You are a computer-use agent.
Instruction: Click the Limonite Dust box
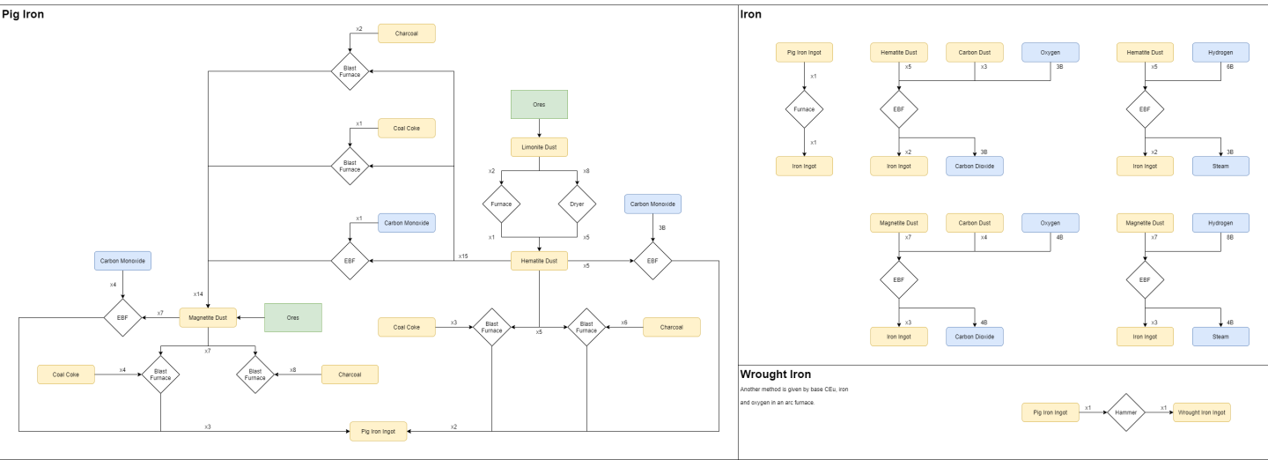539,147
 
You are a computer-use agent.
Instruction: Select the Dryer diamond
577,204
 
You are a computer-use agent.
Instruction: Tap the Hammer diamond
1125,412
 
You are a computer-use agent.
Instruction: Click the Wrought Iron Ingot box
1201,412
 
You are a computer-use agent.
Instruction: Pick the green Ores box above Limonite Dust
539,104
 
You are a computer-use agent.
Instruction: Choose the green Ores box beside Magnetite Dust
293,317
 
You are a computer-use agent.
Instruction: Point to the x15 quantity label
463,256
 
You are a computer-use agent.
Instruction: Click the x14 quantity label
199,293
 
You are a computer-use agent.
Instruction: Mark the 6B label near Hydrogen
1230,67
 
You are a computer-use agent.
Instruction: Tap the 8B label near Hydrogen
1230,237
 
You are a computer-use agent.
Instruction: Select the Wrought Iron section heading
775,375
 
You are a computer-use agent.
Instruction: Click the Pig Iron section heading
23,14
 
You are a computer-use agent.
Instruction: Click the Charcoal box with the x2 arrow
407,33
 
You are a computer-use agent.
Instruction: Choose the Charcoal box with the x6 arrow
671,327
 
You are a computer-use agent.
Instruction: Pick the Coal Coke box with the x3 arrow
407,327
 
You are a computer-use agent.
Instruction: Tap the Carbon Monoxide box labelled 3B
652,204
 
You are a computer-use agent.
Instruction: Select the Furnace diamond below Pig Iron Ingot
804,110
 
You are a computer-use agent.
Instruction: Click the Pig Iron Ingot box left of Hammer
1050,412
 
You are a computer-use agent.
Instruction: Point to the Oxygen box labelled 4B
1050,223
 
